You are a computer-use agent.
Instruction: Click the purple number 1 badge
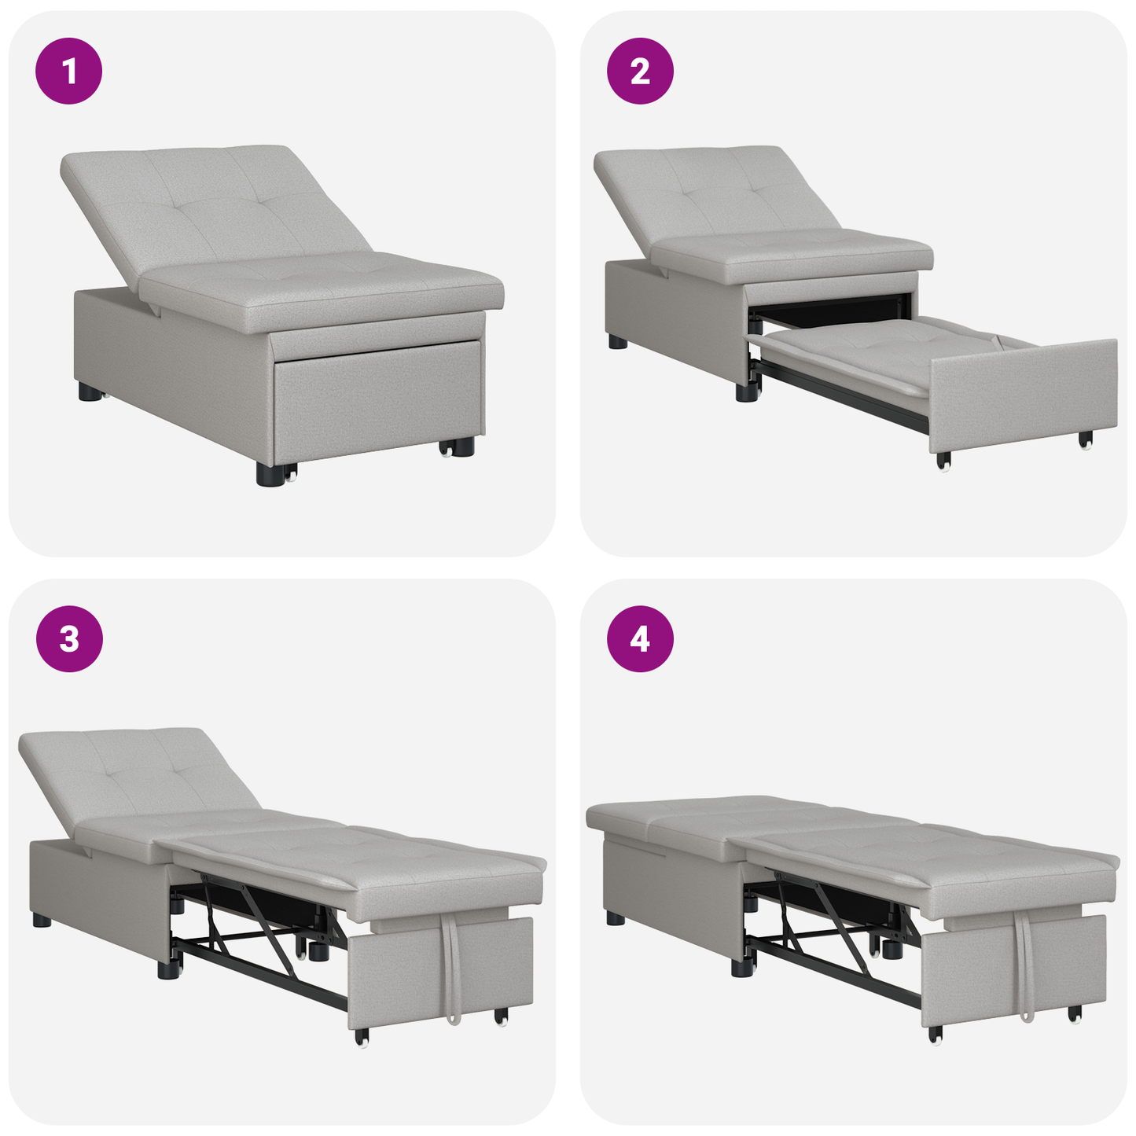[69, 72]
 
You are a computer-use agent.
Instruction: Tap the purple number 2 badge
[640, 72]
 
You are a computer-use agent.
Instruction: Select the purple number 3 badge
[69, 639]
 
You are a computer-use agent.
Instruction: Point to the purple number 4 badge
[640, 639]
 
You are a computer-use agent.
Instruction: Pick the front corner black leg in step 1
[270, 473]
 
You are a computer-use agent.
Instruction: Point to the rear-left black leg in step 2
[618, 342]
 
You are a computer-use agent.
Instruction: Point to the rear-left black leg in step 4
[616, 917]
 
